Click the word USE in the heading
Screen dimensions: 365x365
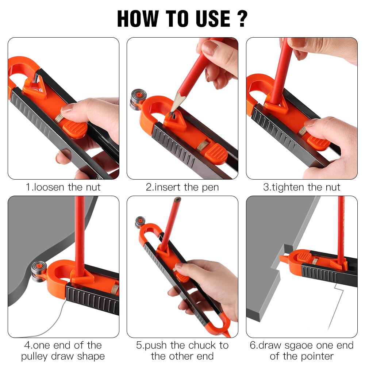208,19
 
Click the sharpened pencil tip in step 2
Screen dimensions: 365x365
172,109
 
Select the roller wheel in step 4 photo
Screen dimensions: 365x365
38,271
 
